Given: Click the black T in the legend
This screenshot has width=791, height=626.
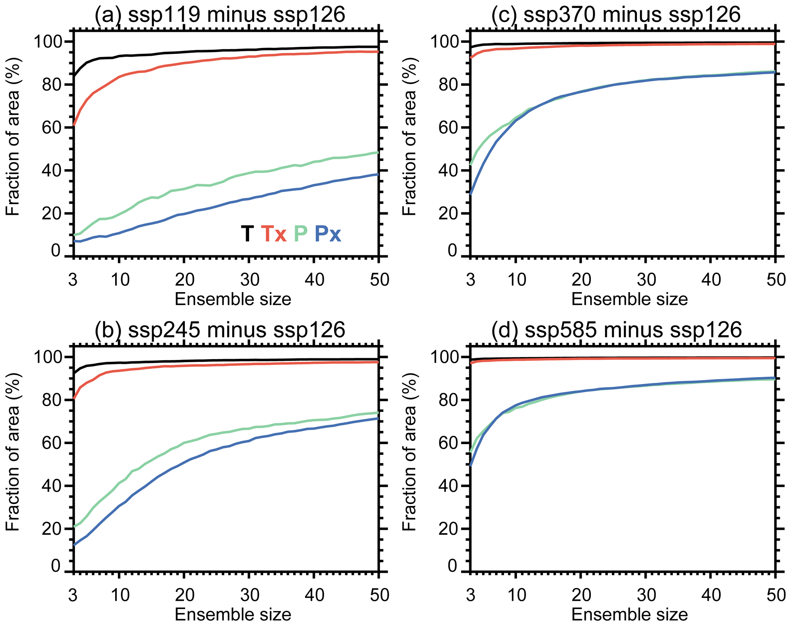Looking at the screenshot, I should tap(247, 234).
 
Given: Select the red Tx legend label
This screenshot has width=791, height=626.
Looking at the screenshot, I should tap(274, 234).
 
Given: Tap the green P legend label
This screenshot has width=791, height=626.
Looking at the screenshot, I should tap(300, 234).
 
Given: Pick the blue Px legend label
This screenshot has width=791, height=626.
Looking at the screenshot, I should tap(328, 234).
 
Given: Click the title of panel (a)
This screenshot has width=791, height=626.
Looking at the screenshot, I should tap(220, 15).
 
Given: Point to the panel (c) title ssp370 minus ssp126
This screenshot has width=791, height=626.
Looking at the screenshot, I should tap(616, 15).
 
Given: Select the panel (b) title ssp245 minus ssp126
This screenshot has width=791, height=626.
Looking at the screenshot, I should tap(220, 330).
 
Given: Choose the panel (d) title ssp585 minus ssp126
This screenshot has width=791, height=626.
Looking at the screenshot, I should tap(616, 330).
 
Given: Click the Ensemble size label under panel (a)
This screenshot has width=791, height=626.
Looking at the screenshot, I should tap(233, 299).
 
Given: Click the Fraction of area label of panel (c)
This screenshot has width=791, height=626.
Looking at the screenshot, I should tap(409, 137).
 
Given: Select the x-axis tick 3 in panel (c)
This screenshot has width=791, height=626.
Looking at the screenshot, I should tap(470, 280).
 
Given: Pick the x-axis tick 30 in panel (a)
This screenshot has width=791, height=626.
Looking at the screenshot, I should tap(250, 280).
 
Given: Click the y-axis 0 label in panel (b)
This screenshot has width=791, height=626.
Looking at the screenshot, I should tap(56, 566).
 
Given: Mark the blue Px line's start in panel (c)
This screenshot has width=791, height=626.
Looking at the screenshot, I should tap(470, 194).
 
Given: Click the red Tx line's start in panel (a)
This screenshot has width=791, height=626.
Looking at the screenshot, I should tap(74, 125).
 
